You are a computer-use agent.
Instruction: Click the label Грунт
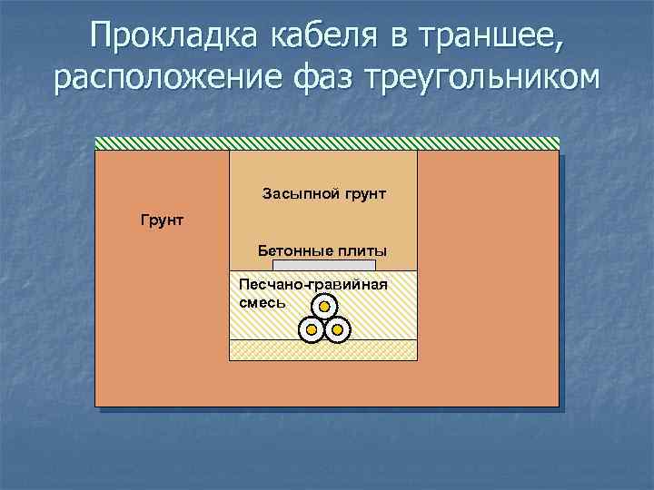pos(161,220)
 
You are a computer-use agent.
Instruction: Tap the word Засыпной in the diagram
pos(292,193)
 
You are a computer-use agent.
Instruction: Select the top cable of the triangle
pos(323,307)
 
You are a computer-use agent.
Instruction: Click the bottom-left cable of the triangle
pos(312,328)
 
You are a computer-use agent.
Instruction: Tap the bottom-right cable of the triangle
pos(336,328)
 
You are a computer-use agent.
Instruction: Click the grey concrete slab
pos(323,265)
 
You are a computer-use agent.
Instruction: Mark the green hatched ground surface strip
pos(327,142)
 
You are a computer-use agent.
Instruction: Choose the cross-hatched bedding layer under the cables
pos(323,349)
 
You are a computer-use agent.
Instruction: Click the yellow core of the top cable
pos(323,307)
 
